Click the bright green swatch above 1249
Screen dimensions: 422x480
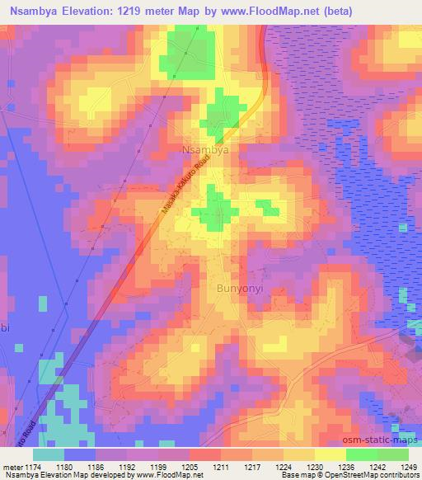[x=393, y=454]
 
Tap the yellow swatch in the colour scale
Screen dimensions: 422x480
[x=330, y=454]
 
